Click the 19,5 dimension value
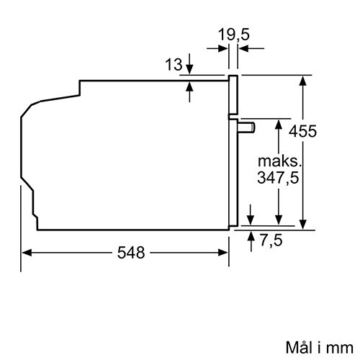pos(234,35)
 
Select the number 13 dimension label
pos(174,64)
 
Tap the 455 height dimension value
pos(302,131)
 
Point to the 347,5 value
pos(278,178)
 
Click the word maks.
pos(279,161)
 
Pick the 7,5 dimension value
pos(271,240)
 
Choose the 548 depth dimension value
pos(131,253)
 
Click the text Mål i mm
pos(320,347)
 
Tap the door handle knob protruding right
pos(246,127)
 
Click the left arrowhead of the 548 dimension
pos(27,253)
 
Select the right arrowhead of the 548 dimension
pos(222,253)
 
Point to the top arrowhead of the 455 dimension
pos(303,81)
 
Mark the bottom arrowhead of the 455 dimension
pos(303,225)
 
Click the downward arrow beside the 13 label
pos(189,63)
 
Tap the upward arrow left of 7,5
pos(251,241)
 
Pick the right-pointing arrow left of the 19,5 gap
pos(217,48)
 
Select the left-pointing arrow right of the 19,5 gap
pos(251,48)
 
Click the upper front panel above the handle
pos(233,95)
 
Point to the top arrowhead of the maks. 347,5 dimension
pos(279,125)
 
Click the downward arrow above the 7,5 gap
pos(251,215)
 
